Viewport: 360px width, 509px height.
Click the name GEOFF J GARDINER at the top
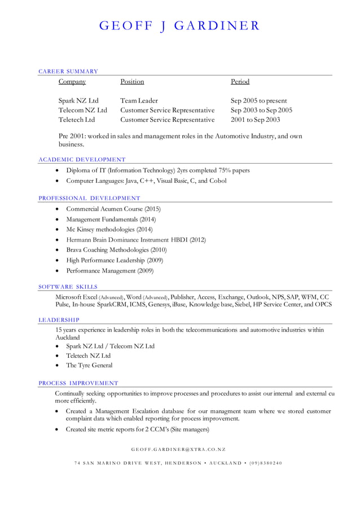179,26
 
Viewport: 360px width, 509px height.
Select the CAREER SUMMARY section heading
68,72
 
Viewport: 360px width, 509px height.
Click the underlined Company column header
72,82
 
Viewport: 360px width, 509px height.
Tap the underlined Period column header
240,82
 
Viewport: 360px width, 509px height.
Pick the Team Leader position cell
139,101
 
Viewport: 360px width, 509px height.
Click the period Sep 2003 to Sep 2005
261,111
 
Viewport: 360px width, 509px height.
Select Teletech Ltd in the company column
77,120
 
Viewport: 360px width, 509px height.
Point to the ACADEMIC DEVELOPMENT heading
82,160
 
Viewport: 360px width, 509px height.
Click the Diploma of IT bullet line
157,170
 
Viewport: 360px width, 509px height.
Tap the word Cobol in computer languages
218,181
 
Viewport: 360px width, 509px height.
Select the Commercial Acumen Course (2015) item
113,209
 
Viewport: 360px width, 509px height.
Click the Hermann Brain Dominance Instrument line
135,240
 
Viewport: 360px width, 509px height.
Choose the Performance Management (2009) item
109,271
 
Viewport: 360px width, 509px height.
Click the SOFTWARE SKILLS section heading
68,287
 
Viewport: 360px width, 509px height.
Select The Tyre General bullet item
89,366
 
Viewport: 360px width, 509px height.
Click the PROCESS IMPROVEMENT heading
78,383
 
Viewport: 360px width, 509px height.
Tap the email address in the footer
178,450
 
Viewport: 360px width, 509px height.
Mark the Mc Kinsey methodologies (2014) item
109,230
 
